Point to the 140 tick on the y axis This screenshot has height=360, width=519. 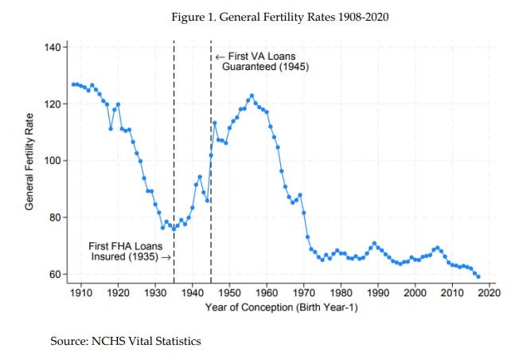click(x=53, y=48)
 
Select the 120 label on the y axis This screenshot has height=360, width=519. click(x=53, y=104)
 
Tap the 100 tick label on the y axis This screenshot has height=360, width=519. click(x=53, y=161)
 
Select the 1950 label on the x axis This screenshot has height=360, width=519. click(x=229, y=293)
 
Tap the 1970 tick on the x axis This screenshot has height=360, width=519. click(x=303, y=293)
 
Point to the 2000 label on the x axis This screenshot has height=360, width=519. click(x=415, y=293)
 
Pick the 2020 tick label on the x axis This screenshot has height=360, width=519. click(x=489, y=293)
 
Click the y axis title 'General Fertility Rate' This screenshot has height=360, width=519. click(x=29, y=161)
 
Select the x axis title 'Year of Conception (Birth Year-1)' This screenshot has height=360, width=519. click(x=279, y=307)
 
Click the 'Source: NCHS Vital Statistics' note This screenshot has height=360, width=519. click(x=127, y=341)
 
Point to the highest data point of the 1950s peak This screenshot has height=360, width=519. click(x=252, y=96)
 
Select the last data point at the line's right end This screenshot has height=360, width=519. click(x=478, y=276)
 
